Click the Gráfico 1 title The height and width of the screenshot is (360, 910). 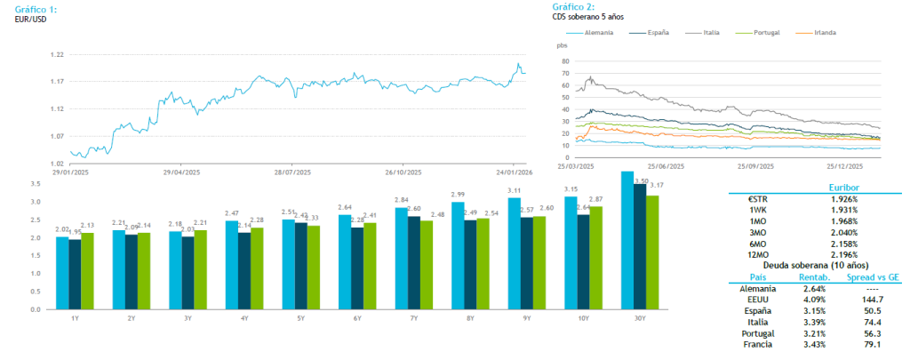pyautogui.click(x=36, y=8)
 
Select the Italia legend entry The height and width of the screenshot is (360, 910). pyautogui.click(x=710, y=32)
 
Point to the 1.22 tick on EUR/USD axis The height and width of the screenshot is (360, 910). pyautogui.click(x=58, y=54)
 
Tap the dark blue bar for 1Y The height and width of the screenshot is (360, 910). pyautogui.click(x=75, y=275)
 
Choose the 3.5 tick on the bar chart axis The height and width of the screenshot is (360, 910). pyautogui.click(x=36, y=184)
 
